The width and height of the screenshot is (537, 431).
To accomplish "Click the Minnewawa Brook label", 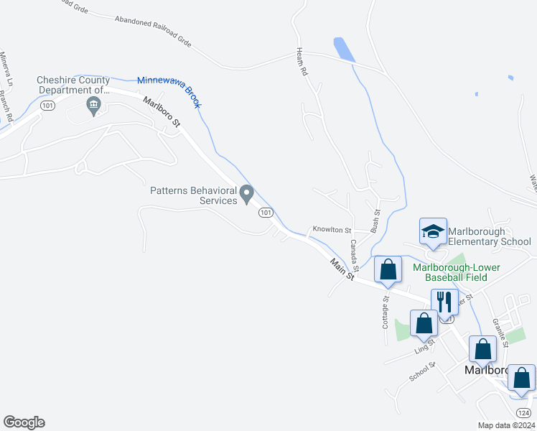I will pos(169,93).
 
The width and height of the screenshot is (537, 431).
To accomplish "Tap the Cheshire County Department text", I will pos(75,85).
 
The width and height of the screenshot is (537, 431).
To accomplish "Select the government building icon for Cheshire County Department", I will pos(93,108).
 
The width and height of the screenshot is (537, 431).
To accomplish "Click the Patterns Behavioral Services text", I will pos(193,195).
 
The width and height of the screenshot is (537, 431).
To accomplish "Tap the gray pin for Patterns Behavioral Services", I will pos(247,193).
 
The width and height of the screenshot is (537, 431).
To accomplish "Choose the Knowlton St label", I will pos(331,231).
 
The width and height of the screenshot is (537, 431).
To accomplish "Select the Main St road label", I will pos(342,269).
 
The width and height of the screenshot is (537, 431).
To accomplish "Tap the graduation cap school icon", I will pos(433,231).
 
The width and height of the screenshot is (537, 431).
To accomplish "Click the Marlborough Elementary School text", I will pos(490,236).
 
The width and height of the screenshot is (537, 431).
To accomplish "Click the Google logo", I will pos(24,422).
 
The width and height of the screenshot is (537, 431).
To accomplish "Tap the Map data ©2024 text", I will pos(506,425).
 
